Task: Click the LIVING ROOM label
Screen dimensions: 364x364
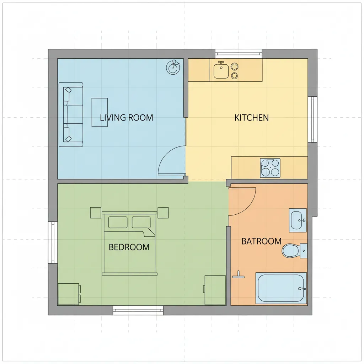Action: click(x=126, y=118)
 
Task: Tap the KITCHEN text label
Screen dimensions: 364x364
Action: click(x=251, y=118)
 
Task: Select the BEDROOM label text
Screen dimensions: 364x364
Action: click(x=129, y=247)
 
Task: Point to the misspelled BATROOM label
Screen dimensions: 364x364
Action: click(x=261, y=241)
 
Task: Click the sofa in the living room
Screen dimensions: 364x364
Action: click(x=71, y=114)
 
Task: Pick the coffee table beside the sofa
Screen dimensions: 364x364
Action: click(x=100, y=112)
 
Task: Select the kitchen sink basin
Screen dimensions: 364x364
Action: click(x=221, y=70)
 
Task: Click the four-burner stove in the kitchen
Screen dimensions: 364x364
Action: click(x=270, y=168)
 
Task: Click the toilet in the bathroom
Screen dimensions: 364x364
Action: click(x=291, y=251)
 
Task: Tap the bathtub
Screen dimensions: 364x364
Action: click(x=281, y=288)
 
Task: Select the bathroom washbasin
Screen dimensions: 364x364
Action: click(x=298, y=220)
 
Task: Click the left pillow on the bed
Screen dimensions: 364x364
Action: click(x=118, y=222)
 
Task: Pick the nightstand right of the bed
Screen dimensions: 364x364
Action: click(x=163, y=213)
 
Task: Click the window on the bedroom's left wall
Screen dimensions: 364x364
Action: click(x=53, y=243)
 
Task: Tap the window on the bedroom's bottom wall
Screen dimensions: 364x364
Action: click(x=138, y=310)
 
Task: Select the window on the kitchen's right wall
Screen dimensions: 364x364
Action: click(x=312, y=119)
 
